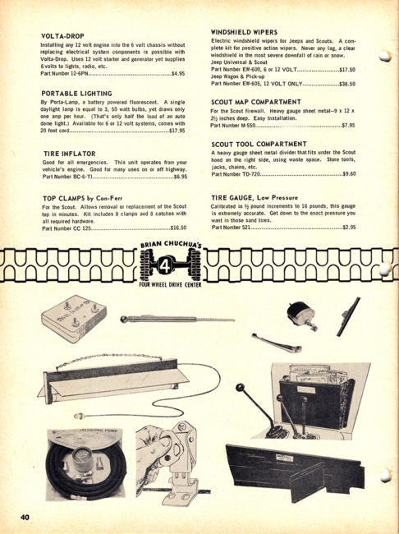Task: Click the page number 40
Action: click(27, 515)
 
